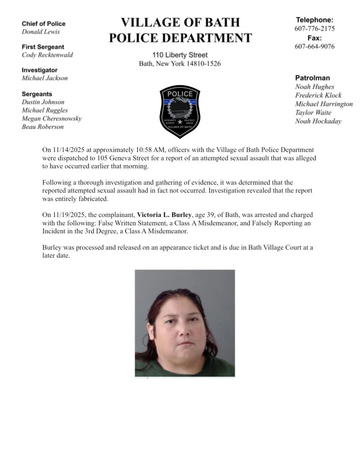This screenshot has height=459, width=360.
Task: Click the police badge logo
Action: coord(180,111)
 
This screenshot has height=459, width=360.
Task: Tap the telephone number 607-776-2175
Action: coord(314,29)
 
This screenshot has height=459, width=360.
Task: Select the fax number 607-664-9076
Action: coord(314,46)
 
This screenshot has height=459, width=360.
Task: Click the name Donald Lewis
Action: coord(41,32)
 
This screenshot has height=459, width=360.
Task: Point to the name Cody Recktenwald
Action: coord(47,55)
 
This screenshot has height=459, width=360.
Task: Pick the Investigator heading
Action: coord(39,70)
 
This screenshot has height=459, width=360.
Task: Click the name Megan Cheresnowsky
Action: coord(51,118)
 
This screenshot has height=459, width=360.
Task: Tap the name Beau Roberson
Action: coord(42,127)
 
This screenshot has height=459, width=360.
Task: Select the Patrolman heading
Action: coord(312,78)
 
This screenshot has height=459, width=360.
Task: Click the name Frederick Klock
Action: coord(318,95)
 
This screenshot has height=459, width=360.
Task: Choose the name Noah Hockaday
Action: coord(318,121)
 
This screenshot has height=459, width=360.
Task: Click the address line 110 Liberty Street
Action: coord(180,55)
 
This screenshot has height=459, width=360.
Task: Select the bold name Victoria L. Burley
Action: coord(164,215)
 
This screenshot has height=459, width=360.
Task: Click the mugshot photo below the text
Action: coord(185,323)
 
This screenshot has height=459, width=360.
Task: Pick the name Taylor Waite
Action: coord(313,113)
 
